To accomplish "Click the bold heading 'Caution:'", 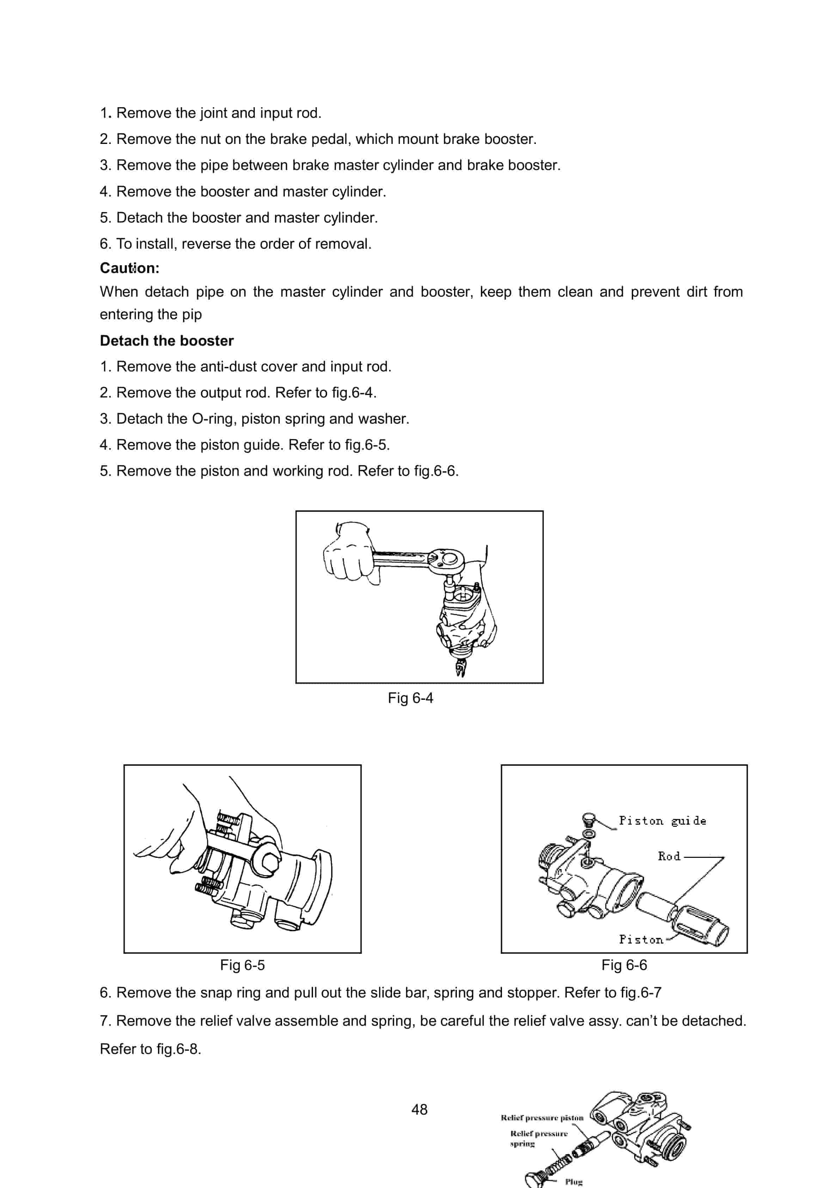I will [129, 268].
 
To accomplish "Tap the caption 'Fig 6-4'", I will [410, 698].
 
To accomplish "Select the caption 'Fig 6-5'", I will [242, 965].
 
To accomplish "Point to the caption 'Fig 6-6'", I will [624, 965].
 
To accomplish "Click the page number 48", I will [419, 1109].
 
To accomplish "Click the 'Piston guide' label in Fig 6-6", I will [662, 821].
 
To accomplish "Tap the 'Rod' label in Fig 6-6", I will [669, 856].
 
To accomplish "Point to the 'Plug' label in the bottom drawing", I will [574, 1182].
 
